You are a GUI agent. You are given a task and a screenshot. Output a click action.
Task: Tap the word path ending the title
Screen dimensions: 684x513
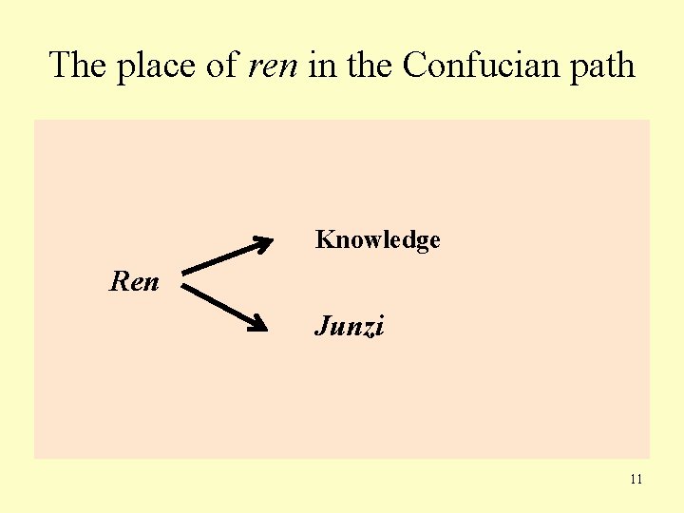(x=603, y=66)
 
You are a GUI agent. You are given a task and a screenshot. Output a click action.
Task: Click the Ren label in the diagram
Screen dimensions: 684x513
(x=134, y=282)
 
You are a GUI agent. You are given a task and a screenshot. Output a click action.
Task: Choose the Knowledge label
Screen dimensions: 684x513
(x=377, y=240)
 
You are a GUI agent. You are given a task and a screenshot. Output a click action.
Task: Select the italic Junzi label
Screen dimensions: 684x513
(x=350, y=328)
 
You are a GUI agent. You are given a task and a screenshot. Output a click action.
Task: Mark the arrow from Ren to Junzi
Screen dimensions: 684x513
(x=224, y=307)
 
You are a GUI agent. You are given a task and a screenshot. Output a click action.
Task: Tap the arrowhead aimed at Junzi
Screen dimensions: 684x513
(x=259, y=324)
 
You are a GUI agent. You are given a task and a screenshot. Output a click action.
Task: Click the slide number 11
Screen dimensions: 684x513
(x=636, y=479)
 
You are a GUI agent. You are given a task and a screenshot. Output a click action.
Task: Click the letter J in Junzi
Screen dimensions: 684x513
(x=321, y=328)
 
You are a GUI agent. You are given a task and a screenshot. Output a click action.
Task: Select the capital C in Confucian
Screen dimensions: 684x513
(x=413, y=66)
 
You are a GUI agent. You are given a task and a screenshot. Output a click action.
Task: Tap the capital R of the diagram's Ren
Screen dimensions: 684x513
(x=119, y=282)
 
